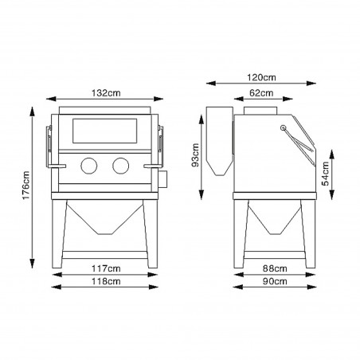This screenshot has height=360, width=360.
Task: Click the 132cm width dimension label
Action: (x=106, y=93)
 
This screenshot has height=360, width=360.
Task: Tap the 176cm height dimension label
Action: (x=26, y=186)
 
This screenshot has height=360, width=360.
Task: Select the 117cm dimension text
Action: (x=106, y=268)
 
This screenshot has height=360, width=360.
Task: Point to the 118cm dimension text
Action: (x=106, y=281)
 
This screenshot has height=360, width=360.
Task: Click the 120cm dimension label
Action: (x=261, y=77)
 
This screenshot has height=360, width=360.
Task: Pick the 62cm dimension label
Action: (x=261, y=93)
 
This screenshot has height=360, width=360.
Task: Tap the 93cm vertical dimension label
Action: (x=196, y=155)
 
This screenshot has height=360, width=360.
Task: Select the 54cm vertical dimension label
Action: (x=325, y=174)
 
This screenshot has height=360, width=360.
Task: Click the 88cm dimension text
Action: (x=275, y=268)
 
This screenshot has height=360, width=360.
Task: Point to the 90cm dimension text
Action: (x=275, y=281)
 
